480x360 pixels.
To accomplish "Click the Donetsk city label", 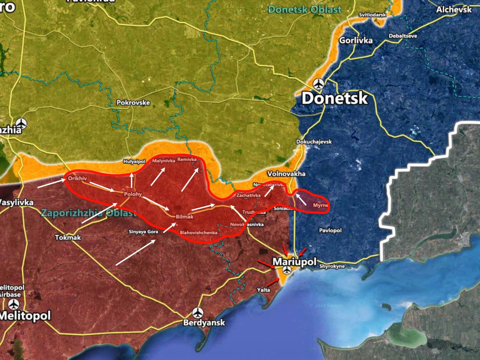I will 334,98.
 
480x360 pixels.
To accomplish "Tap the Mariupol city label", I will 294,262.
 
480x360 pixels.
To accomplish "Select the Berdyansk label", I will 204,323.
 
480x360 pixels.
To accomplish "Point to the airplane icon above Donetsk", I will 319,84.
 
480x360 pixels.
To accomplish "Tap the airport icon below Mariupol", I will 286,270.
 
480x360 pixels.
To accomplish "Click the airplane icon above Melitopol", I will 14,304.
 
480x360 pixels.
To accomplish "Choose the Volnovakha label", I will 286,174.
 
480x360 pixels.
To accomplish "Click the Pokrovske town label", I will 133,103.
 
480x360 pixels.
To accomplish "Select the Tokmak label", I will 68,238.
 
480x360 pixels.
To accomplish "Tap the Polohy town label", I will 133,194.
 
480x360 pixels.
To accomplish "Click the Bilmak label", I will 185,216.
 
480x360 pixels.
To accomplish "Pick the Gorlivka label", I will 356,40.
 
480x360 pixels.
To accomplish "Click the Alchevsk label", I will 454,10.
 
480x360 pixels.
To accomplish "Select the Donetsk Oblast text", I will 305,9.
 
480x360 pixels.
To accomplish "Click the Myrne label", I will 320,205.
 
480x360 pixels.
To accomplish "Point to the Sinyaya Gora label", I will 142,232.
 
